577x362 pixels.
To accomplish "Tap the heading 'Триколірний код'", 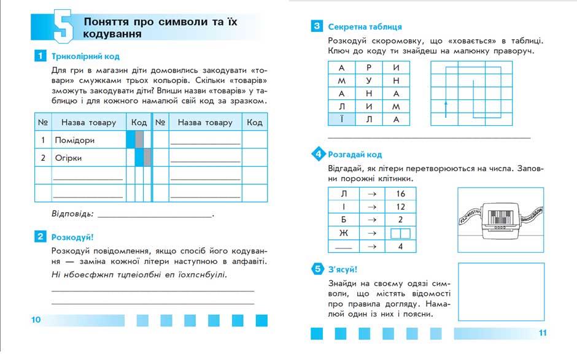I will (85, 56).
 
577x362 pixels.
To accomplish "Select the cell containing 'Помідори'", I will (88, 141).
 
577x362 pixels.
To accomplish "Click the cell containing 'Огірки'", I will (88, 158).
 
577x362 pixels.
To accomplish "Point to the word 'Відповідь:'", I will (73, 214).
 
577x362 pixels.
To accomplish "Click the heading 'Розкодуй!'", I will (72, 236).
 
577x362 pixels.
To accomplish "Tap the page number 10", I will (36, 319).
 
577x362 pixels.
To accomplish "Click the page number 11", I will (542, 333).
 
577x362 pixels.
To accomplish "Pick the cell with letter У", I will (369, 80).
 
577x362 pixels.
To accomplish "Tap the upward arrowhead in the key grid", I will (446, 104).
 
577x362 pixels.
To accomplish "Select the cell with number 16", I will (401, 193).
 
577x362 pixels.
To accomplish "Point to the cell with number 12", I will (401, 207).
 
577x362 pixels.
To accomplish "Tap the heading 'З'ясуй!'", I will (342, 269).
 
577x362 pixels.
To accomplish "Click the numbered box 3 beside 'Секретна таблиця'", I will (317, 26).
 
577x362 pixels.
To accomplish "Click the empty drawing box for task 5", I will (501, 291).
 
